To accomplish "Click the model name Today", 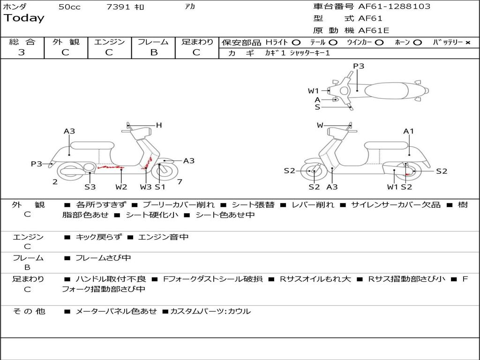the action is point(24,18).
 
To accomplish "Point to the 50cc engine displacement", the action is point(69,7).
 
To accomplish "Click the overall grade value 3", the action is point(22,52).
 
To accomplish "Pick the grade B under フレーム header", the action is point(153,52).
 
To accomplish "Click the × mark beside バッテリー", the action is point(468,43).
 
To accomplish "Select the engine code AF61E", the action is point(374,30).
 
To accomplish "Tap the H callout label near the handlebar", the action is point(159,125).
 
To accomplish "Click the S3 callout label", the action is point(90,187).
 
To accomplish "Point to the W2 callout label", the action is point(121,187).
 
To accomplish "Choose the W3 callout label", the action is point(146,187).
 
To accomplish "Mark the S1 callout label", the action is point(160,187).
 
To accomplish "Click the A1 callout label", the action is point(409,131).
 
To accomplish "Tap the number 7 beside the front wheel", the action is point(180,181).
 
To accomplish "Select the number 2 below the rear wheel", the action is point(55,182).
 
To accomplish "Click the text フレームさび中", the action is point(103,258).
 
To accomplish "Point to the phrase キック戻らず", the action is point(98,237).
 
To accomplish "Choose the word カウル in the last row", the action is point(239,311).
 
